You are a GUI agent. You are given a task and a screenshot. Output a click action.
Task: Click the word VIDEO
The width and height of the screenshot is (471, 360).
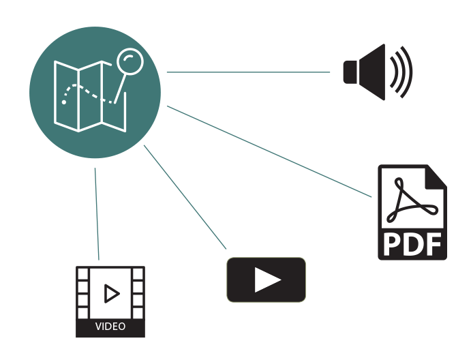coord(110,327)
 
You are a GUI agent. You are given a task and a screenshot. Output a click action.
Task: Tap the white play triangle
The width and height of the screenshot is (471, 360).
coord(267,280)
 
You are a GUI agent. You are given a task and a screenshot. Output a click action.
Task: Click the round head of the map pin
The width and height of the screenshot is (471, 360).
coord(130,61)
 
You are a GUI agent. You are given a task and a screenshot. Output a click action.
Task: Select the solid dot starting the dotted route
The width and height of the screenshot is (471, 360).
coord(64,102)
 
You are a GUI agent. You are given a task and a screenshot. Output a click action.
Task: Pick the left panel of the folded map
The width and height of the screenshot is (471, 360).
coord(67,96)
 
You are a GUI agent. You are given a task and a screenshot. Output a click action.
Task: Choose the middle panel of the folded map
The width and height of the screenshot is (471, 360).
coord(90,95)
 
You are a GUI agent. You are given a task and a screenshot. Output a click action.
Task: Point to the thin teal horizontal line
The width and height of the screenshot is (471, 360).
coord(252,72)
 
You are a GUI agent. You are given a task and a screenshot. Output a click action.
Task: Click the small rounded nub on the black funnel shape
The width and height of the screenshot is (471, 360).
coord(350,72)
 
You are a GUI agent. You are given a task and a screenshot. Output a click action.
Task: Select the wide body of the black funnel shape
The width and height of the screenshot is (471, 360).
coord(423,72)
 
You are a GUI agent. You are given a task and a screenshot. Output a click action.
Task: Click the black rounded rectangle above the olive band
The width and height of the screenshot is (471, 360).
coord(424,211)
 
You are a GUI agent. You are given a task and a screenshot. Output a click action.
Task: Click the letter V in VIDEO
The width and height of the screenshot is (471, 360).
coord(98,327)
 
